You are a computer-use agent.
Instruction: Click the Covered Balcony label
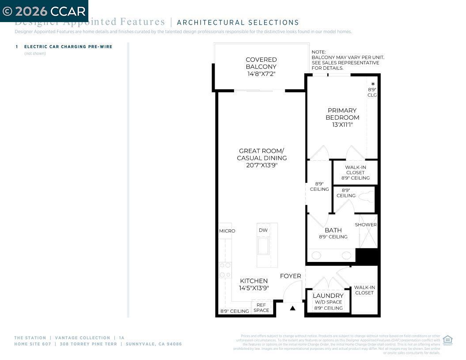(261, 63)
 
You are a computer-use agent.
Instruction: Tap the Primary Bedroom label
(342, 114)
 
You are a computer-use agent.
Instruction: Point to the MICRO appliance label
(227, 231)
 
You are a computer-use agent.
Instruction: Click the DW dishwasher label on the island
(263, 230)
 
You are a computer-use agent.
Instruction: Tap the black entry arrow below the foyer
(292, 308)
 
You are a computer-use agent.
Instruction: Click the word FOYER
(291, 276)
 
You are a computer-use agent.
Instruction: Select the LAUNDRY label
(328, 296)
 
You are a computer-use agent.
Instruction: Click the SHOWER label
(366, 225)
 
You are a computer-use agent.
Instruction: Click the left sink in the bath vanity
(316, 255)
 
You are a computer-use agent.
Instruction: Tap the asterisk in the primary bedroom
(373, 84)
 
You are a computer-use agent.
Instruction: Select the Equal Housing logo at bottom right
(447, 340)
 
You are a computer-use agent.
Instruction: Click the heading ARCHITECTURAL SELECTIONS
(238, 23)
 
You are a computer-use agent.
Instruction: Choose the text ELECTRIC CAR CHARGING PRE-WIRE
(68, 46)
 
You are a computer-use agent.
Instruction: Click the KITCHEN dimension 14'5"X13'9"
(254, 288)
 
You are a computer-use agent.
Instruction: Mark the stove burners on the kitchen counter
(225, 269)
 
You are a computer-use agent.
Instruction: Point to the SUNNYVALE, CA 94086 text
(154, 344)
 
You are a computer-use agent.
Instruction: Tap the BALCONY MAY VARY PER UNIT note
(348, 57)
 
